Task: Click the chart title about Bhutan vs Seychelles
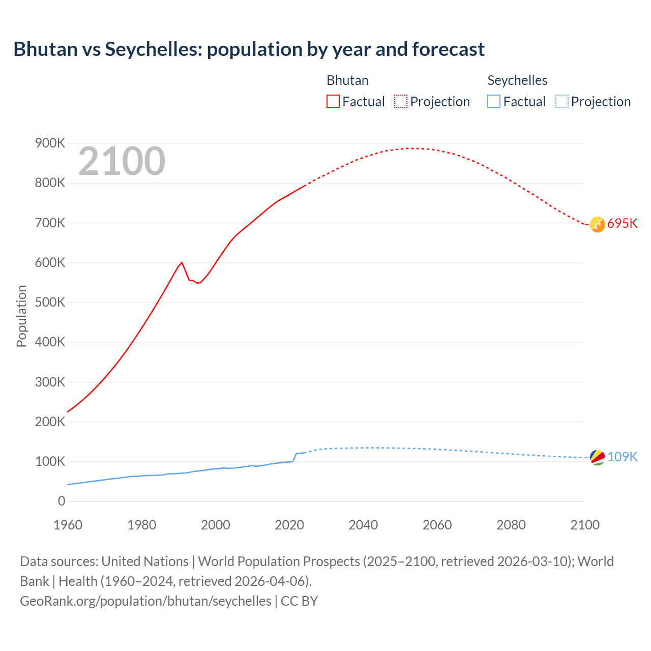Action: pos(249,49)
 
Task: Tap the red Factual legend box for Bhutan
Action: pos(333,101)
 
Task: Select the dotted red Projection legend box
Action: pos(400,101)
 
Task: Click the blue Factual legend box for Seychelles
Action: pos(493,101)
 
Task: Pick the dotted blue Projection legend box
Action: pos(561,101)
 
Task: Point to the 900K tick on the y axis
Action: pos(50,143)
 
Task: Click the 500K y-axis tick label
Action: pos(50,303)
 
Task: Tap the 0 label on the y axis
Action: pos(62,501)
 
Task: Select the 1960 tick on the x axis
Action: pos(68,525)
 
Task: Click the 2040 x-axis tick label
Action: pos(363,525)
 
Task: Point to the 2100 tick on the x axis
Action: pos(585,525)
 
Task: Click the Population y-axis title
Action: pos(21,316)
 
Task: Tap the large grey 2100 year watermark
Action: pos(122,161)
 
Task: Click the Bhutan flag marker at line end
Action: pos(597,224)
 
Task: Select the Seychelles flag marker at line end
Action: pos(597,457)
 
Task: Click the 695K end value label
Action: pos(622,224)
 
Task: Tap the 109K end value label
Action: pos(622,457)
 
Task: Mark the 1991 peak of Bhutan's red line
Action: pos(182,262)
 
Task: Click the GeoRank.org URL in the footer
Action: pos(145,601)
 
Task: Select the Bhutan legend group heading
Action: pos(347,80)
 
